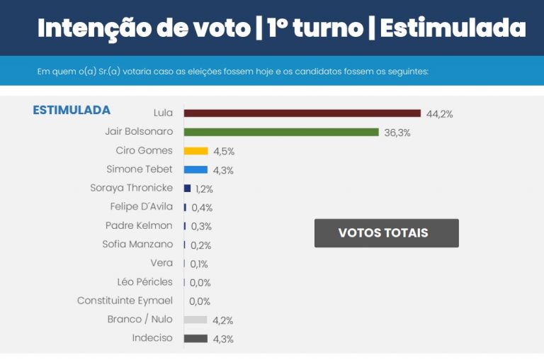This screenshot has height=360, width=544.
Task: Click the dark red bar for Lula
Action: click(302, 113)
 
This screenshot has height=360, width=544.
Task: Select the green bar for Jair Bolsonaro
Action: click(281, 132)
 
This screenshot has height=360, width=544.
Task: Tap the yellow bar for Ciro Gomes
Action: click(195, 151)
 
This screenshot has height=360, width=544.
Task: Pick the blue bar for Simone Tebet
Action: click(195, 169)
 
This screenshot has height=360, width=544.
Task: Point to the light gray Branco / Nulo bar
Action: click(195, 320)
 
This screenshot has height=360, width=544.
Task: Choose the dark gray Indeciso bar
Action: click(195, 339)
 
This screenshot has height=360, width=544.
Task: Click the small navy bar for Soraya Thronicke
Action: click(187, 189)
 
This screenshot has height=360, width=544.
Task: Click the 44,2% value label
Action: click(439, 114)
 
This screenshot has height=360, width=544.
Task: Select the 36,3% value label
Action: click(397, 133)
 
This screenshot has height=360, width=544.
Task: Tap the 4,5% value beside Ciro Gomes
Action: click(224, 152)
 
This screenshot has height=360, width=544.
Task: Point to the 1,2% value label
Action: click(204, 189)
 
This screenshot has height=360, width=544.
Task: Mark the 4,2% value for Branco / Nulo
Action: click(223, 320)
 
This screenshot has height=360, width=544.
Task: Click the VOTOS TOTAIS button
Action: click(386, 233)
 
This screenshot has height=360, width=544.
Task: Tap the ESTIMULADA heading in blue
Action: click(72, 111)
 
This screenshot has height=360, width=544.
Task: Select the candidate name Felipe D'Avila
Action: click(137, 207)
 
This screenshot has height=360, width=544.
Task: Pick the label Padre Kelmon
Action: click(139, 225)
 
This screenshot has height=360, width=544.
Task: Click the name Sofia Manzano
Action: click(137, 244)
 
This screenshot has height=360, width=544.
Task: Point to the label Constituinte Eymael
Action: click(125, 300)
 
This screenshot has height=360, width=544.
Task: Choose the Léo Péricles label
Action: click(144, 282)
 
